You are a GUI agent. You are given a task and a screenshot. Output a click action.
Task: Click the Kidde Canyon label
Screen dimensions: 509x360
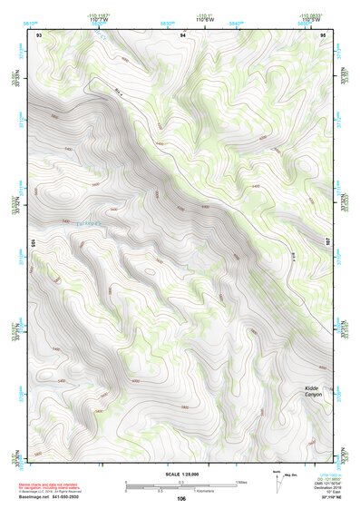314,391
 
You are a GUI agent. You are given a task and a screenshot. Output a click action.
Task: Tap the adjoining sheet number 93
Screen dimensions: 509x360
39,34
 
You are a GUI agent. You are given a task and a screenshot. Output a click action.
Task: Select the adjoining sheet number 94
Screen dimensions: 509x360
182,34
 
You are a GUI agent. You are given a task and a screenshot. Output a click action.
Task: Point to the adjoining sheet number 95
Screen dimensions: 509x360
322,34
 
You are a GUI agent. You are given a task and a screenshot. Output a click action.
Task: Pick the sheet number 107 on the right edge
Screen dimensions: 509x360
329,242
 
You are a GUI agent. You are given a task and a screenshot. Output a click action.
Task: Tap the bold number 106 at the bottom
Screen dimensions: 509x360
181,499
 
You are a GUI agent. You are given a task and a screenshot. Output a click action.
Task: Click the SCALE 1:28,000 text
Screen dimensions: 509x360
180,475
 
